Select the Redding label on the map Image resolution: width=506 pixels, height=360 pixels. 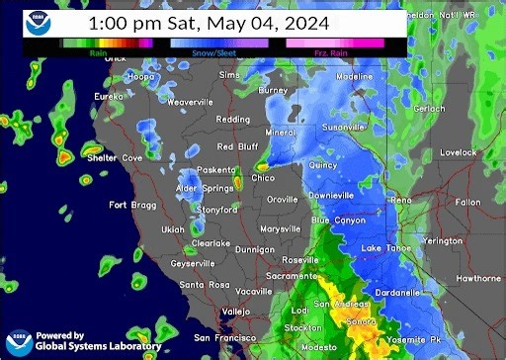point(233,120)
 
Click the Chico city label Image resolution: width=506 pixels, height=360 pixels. point(264,178)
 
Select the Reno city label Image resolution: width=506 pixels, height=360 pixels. point(401,200)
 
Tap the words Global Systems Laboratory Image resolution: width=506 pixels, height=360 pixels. point(97,346)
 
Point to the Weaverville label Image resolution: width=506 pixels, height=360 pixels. point(191,102)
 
